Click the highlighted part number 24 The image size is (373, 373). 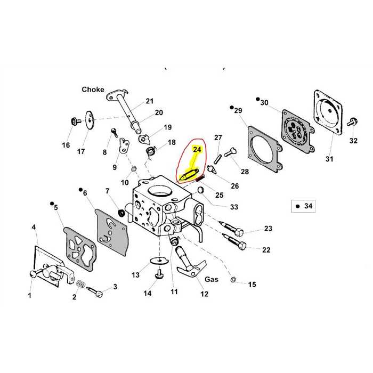point(197,151)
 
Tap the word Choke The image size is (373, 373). point(93,90)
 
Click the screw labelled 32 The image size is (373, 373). point(352,121)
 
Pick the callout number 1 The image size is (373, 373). point(30,295)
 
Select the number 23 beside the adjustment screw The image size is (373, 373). point(267,229)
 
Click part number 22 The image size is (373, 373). point(267,250)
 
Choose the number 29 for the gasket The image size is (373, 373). point(238,110)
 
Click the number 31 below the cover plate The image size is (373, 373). point(329,159)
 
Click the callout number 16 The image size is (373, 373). point(66,145)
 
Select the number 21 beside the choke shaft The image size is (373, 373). point(149,101)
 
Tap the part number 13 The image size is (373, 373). point(136,275)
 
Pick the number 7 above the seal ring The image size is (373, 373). point(107,191)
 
